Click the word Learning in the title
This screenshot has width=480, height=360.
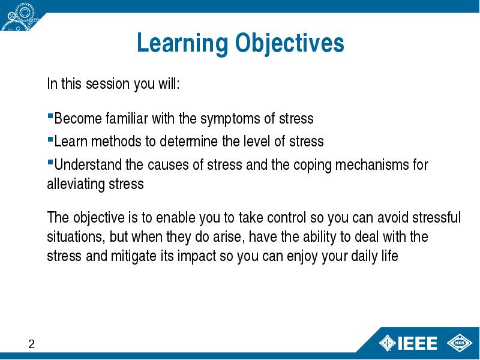click(x=182, y=43)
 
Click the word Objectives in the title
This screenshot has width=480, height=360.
click(x=290, y=43)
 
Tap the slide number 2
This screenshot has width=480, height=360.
click(x=32, y=344)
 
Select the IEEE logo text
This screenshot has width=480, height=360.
click(x=417, y=343)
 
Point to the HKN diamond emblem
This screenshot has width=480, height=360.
click(x=460, y=343)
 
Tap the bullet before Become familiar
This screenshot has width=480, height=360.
click(x=50, y=116)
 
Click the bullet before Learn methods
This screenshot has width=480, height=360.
click(x=50, y=139)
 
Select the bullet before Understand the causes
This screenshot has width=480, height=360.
click(x=50, y=162)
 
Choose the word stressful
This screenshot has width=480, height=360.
click(x=436, y=218)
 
